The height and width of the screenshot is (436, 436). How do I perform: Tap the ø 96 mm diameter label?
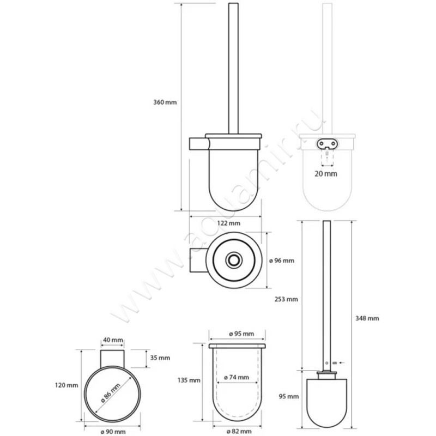(x=281, y=261)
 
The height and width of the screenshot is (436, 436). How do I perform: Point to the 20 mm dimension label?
(x=325, y=173)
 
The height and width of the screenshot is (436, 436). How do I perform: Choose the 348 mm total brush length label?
(x=367, y=318)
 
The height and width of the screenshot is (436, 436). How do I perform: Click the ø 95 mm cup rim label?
(x=237, y=334)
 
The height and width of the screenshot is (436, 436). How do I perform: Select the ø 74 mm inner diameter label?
(x=237, y=377)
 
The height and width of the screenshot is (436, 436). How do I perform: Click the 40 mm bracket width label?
(x=112, y=340)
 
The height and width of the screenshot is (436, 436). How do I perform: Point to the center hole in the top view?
(x=235, y=260)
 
